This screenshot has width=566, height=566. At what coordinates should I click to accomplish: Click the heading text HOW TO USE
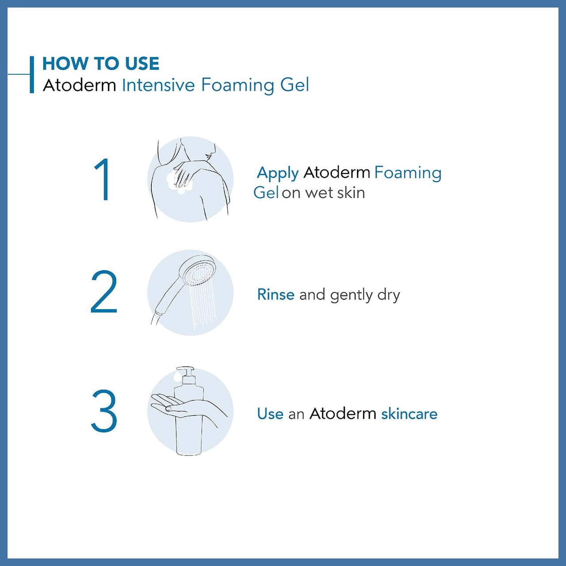click(x=100, y=64)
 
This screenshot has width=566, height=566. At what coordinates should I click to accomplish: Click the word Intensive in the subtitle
click(x=158, y=85)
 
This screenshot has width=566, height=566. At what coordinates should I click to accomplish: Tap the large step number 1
click(x=103, y=180)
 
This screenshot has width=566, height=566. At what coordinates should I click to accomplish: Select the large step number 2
click(x=104, y=292)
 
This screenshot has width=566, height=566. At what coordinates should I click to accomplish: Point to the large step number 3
click(x=104, y=411)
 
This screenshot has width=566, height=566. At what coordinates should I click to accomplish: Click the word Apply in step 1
click(x=278, y=173)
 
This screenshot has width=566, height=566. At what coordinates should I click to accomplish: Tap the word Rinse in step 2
click(x=275, y=294)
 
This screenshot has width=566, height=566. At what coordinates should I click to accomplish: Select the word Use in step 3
click(x=270, y=414)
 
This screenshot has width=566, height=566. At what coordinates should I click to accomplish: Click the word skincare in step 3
click(x=409, y=414)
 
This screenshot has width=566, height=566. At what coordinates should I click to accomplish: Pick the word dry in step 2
click(x=388, y=295)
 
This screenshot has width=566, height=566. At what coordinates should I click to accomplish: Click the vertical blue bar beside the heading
click(x=32, y=74)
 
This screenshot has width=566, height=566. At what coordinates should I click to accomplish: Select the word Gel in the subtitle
click(x=294, y=85)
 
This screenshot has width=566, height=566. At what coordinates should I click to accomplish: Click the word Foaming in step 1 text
click(x=408, y=173)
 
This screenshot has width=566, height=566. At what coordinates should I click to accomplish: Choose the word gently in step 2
click(x=351, y=295)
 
